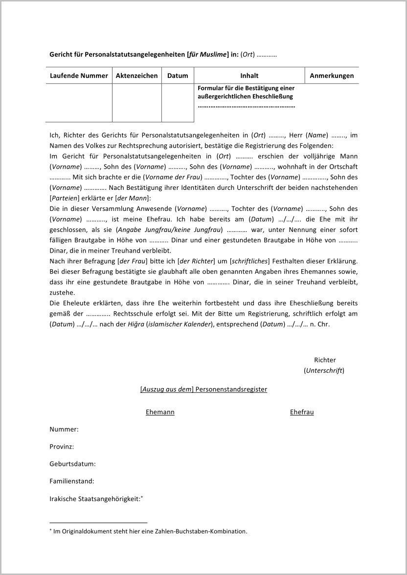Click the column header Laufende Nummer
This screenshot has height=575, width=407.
click(x=79, y=76)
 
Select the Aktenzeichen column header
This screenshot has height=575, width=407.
click(x=137, y=76)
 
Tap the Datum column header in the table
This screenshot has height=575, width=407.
click(x=178, y=76)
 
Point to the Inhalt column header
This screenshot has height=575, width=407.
click(x=249, y=76)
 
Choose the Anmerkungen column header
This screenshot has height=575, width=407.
click(x=332, y=76)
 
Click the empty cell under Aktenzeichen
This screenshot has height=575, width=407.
click(x=137, y=103)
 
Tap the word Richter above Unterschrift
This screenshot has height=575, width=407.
click(x=325, y=360)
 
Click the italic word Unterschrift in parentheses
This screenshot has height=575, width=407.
click(x=324, y=370)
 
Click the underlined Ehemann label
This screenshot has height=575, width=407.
click(x=160, y=412)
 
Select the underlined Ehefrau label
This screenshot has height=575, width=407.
click(x=302, y=412)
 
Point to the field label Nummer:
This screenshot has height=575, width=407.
click(x=64, y=429)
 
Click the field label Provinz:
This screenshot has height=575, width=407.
click(x=62, y=447)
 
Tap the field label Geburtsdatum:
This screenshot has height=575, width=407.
click(x=73, y=464)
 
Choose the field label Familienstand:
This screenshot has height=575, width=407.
click(x=72, y=481)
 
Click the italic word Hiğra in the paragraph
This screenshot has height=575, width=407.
click(x=130, y=324)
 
